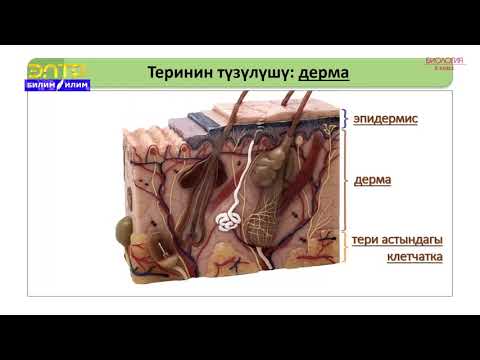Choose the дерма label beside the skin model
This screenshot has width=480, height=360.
pos(372,180)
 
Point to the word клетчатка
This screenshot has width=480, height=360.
pos(414,257)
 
